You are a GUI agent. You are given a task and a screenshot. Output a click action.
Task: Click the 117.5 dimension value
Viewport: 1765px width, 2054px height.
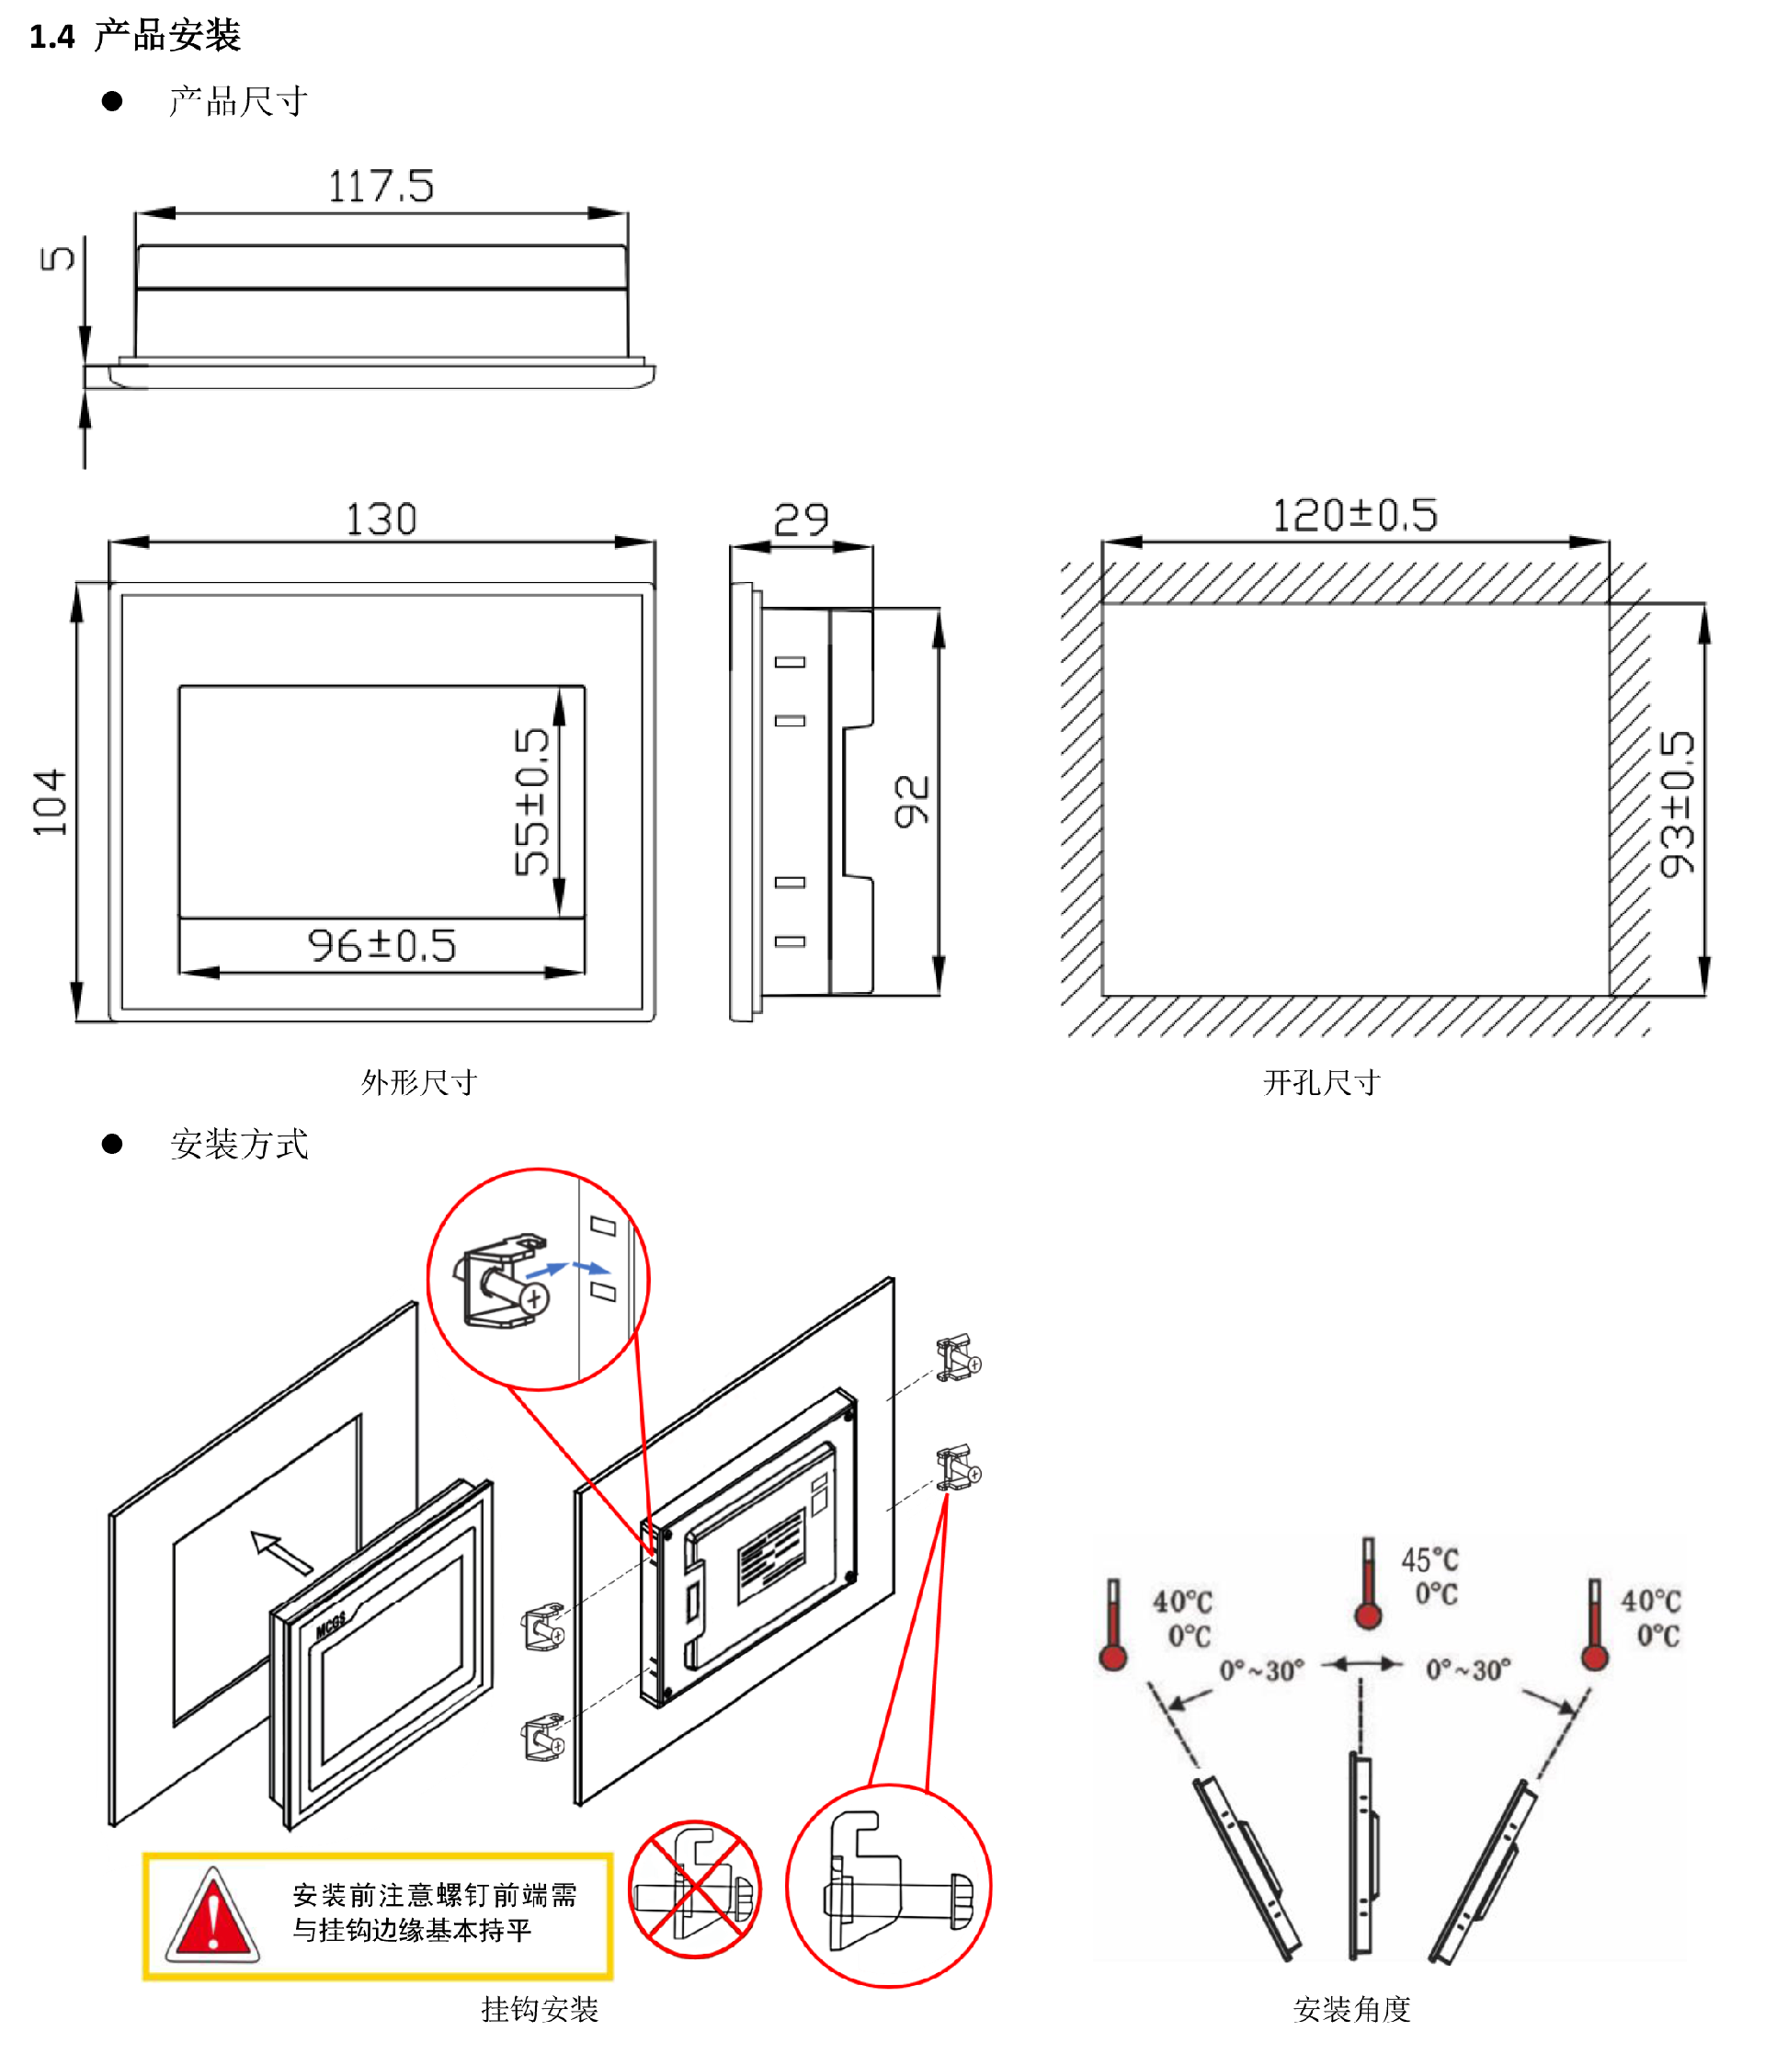381,187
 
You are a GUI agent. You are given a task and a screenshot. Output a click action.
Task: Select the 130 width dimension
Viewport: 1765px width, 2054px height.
381,519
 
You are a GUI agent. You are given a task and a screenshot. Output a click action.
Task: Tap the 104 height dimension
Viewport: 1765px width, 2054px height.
50,802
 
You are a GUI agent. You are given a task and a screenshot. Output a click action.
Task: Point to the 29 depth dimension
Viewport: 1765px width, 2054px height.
801,519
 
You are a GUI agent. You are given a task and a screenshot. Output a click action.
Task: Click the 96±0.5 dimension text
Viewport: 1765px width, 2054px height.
381,946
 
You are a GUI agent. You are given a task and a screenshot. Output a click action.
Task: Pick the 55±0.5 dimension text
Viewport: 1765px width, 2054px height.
531,802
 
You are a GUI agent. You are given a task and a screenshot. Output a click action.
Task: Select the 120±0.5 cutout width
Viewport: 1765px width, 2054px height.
1354,516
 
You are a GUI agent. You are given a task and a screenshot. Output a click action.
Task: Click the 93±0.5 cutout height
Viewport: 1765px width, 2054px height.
1677,804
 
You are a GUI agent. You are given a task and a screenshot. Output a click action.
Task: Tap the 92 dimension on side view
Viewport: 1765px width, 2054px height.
912,801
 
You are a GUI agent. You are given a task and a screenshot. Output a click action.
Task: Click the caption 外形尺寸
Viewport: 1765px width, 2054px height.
419,1081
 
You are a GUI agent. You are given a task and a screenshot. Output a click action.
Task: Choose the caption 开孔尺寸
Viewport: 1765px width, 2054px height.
1321,1081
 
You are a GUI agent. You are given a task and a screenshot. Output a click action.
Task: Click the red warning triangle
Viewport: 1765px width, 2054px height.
212,1915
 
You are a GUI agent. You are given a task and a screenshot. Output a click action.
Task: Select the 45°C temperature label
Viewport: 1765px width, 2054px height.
1429,1559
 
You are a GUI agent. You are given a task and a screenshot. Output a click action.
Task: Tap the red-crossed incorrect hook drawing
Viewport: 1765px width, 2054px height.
696,1889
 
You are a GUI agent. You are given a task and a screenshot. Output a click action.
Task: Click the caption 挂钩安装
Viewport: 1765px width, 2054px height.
541,2008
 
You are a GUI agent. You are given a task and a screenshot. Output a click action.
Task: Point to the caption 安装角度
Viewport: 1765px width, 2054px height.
1351,2008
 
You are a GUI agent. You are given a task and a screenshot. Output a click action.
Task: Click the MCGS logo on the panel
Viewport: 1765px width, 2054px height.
331,1624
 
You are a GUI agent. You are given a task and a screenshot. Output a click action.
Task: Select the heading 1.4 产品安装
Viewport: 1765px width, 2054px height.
135,36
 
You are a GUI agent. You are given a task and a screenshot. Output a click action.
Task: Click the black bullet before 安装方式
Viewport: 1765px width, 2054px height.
112,1144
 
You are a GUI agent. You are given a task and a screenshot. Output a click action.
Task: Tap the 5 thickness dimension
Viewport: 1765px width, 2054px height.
56,257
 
